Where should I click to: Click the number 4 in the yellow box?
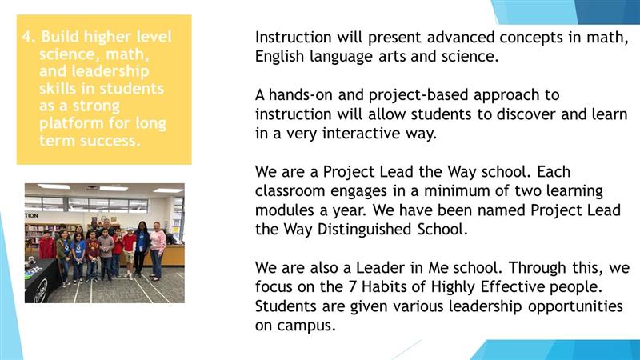point(26,37)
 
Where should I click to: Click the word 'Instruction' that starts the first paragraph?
point(293,37)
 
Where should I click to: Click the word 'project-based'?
point(418,95)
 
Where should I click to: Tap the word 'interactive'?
point(362,133)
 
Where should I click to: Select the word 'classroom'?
point(290,190)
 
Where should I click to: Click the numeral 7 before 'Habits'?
point(353,286)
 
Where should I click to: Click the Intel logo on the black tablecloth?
point(40,290)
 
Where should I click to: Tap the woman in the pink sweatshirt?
point(157,250)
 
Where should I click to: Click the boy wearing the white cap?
point(129,252)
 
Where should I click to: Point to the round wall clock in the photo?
point(104,218)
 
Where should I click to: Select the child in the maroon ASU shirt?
point(92,256)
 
